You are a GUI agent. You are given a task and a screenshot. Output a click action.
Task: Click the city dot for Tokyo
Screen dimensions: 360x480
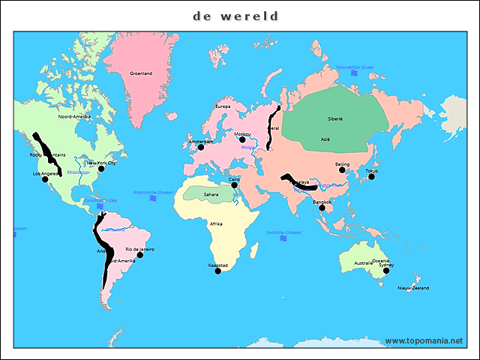tap(371, 177)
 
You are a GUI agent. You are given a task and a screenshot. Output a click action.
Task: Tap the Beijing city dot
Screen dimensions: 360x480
tap(342, 170)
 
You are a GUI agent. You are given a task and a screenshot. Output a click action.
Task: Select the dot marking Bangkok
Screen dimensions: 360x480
tap(322, 208)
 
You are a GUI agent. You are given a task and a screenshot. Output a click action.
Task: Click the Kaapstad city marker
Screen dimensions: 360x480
tap(217, 271)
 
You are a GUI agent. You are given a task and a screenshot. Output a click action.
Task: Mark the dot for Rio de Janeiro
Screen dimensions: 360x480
tap(139, 255)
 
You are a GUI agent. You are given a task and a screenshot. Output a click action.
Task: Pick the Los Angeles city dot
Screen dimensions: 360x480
tap(45, 179)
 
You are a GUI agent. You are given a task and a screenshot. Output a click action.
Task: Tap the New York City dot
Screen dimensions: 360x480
tap(101, 169)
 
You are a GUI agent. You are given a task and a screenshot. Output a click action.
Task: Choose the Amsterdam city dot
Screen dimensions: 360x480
tap(200, 147)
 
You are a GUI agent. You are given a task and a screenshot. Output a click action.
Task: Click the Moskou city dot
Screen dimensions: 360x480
tap(242, 139)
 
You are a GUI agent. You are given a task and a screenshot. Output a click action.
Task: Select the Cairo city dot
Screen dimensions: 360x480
tap(234, 185)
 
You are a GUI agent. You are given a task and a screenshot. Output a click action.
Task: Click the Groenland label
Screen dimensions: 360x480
tap(141, 73)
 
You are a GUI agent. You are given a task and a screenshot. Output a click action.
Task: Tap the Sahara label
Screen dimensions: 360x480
tap(211, 193)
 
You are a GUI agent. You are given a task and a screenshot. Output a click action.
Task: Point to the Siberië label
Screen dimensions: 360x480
tap(334, 119)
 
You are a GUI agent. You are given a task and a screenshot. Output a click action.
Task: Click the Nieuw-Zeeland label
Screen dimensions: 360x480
tap(412, 288)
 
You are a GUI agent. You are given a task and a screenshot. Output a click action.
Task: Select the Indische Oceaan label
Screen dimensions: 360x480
tap(283, 232)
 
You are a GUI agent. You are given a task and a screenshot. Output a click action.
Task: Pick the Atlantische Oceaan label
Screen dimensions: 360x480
tap(153, 193)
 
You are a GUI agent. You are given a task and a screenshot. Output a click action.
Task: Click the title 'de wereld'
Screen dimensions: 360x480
tap(235, 16)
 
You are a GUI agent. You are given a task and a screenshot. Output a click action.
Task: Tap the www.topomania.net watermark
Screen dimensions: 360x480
tap(424, 340)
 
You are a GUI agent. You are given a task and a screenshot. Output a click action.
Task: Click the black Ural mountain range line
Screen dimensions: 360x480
tap(271, 127)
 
